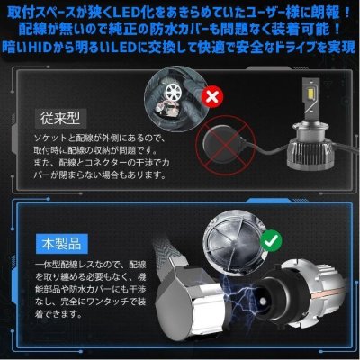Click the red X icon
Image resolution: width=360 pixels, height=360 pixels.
click(x=212, y=95)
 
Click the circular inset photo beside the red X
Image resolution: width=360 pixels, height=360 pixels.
click(x=179, y=94)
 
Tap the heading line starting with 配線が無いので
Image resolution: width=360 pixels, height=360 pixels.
click(x=180, y=29)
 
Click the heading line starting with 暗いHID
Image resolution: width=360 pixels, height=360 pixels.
click(x=180, y=48)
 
